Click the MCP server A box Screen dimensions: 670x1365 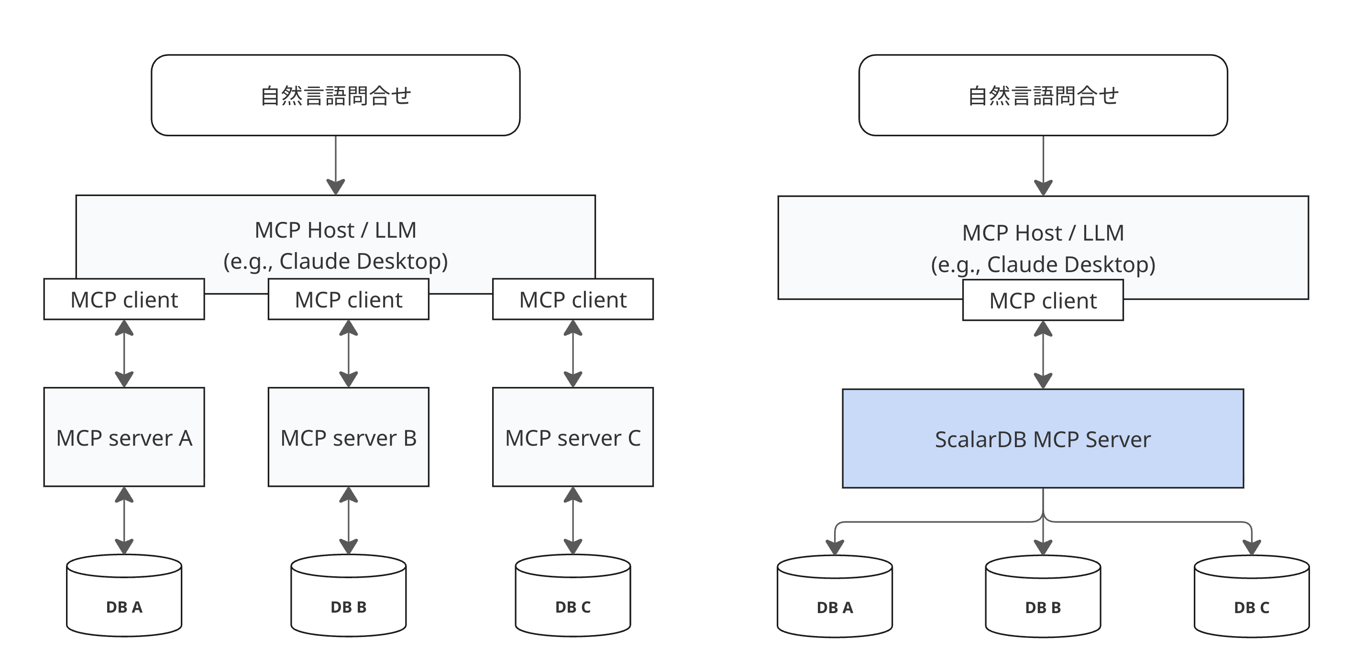pyautogui.click(x=124, y=438)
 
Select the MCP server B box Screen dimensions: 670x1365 pyautogui.click(x=348, y=438)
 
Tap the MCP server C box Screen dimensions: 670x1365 pyautogui.click(x=573, y=438)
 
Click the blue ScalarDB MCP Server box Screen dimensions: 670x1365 pyautogui.click(x=1042, y=439)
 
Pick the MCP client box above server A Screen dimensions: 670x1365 pyautogui.click(x=124, y=300)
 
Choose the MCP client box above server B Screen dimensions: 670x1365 pyautogui.click(x=348, y=300)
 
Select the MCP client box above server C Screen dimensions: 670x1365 pyautogui.click(x=573, y=300)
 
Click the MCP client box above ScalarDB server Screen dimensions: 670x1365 pyautogui.click(x=1042, y=300)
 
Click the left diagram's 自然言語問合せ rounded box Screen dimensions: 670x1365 pyautogui.click(x=335, y=95)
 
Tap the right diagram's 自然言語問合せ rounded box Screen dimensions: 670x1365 pyautogui.click(x=1042, y=95)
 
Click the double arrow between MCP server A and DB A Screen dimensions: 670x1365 pyautogui.click(x=124, y=520)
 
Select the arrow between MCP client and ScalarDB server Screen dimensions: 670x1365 pyautogui.click(x=1043, y=354)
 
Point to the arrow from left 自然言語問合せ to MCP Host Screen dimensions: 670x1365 pyautogui.click(x=335, y=164)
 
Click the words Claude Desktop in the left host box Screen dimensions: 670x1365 pyautogui.click(x=363, y=261)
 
